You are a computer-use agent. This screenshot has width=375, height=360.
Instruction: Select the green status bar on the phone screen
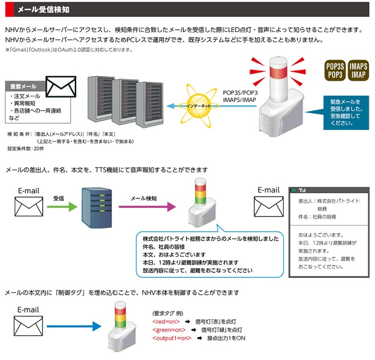(x=326, y=190)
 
